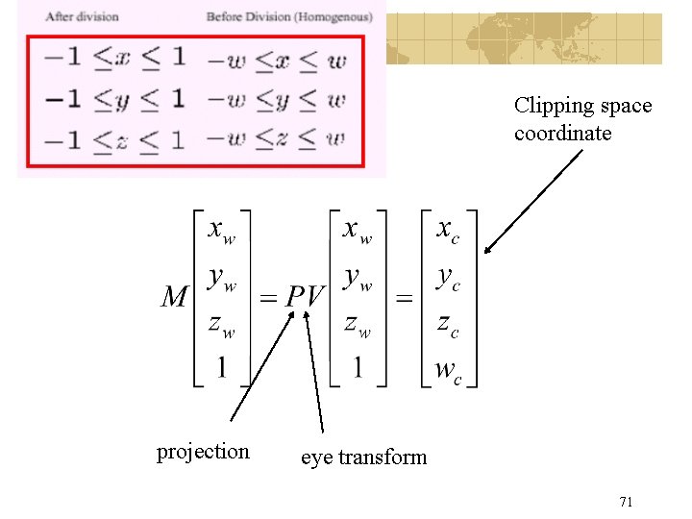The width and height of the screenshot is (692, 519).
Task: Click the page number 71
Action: (x=626, y=502)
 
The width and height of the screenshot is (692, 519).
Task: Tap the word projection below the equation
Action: (x=203, y=453)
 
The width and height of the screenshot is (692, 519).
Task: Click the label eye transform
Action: (x=363, y=457)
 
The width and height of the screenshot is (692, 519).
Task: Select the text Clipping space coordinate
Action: (x=583, y=119)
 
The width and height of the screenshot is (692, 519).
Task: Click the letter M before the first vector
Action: (x=175, y=296)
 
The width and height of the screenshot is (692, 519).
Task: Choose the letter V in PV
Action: (x=315, y=296)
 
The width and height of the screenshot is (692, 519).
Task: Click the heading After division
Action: (x=82, y=16)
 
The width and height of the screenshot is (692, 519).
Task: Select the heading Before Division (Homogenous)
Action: (x=289, y=16)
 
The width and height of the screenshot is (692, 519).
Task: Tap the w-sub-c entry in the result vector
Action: (x=448, y=371)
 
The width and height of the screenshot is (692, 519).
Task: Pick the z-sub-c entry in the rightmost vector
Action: (x=448, y=326)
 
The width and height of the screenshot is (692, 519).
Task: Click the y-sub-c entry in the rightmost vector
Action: (x=448, y=279)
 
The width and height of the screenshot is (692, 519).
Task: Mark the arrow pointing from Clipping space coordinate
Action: (x=533, y=202)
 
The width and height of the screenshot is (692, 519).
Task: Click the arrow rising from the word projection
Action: (x=262, y=366)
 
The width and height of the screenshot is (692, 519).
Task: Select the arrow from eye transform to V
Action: (x=313, y=372)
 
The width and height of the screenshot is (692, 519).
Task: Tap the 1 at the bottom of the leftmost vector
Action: (x=222, y=367)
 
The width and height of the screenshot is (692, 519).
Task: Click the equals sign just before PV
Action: (x=268, y=298)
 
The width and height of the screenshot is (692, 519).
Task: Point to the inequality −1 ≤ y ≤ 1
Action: (x=114, y=100)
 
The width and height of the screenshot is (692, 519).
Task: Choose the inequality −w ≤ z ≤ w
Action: (x=276, y=139)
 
